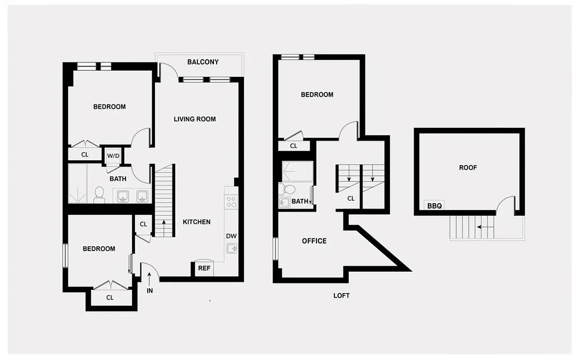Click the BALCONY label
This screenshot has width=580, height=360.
[203, 62]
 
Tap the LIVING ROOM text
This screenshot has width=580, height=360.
[195, 119]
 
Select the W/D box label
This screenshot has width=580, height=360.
[113, 156]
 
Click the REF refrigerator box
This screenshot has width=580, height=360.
[204, 268]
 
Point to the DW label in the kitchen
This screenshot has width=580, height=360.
[231, 236]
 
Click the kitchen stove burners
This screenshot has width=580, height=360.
[231, 202]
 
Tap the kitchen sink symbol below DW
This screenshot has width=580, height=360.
[232, 248]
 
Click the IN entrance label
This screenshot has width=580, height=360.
[150, 291]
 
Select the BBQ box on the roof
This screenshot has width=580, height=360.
[434, 206]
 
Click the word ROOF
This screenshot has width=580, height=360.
[468, 167]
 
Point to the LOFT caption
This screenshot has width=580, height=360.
[341, 296]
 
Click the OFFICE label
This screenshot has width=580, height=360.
[314, 241]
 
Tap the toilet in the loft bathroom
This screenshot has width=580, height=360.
[287, 188]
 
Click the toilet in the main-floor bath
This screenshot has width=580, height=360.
[99, 194]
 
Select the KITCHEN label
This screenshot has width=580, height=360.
[196, 222]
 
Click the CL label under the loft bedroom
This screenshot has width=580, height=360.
[294, 146]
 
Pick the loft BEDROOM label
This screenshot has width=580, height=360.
[317, 94]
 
